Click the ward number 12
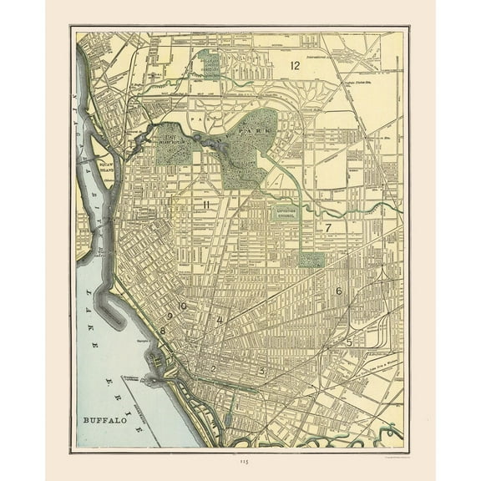[294, 65]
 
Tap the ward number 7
[328, 227]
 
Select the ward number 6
[338, 291]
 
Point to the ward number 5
[349, 342]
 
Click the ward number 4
[220, 321]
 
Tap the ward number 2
[213, 368]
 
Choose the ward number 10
[181, 306]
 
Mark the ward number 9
[169, 316]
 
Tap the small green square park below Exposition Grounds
[311, 260]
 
